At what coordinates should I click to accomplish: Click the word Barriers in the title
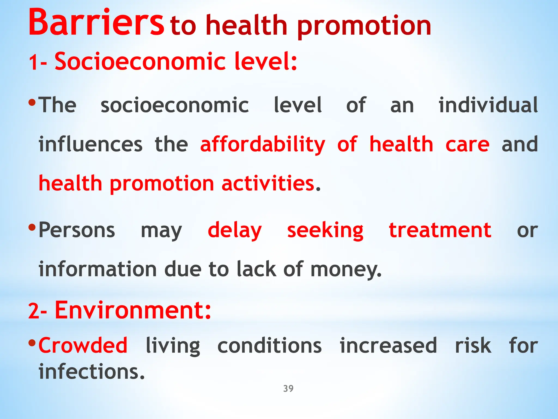pyautogui.click(x=96, y=23)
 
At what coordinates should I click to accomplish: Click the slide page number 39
pyautogui.click(x=288, y=388)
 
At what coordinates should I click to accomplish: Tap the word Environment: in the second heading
pyautogui.click(x=133, y=310)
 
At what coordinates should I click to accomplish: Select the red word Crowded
pyautogui.click(x=83, y=345)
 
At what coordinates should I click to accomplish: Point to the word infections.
pyautogui.click(x=92, y=372)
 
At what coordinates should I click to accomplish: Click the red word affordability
pyautogui.click(x=263, y=145)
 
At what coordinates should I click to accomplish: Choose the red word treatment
pyautogui.click(x=440, y=231)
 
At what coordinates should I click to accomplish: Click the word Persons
pyautogui.click(x=77, y=231)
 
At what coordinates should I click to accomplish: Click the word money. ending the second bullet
pyautogui.click(x=346, y=270)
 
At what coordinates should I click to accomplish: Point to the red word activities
pyautogui.click(x=268, y=183)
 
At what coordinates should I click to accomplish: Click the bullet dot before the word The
pyautogui.click(x=32, y=103)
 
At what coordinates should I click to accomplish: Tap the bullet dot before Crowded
pyautogui.click(x=32, y=342)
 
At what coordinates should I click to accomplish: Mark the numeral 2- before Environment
pyautogui.click(x=38, y=311)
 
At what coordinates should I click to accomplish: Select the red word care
pyautogui.click(x=467, y=145)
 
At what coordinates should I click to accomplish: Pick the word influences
pyautogui.click(x=90, y=145)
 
